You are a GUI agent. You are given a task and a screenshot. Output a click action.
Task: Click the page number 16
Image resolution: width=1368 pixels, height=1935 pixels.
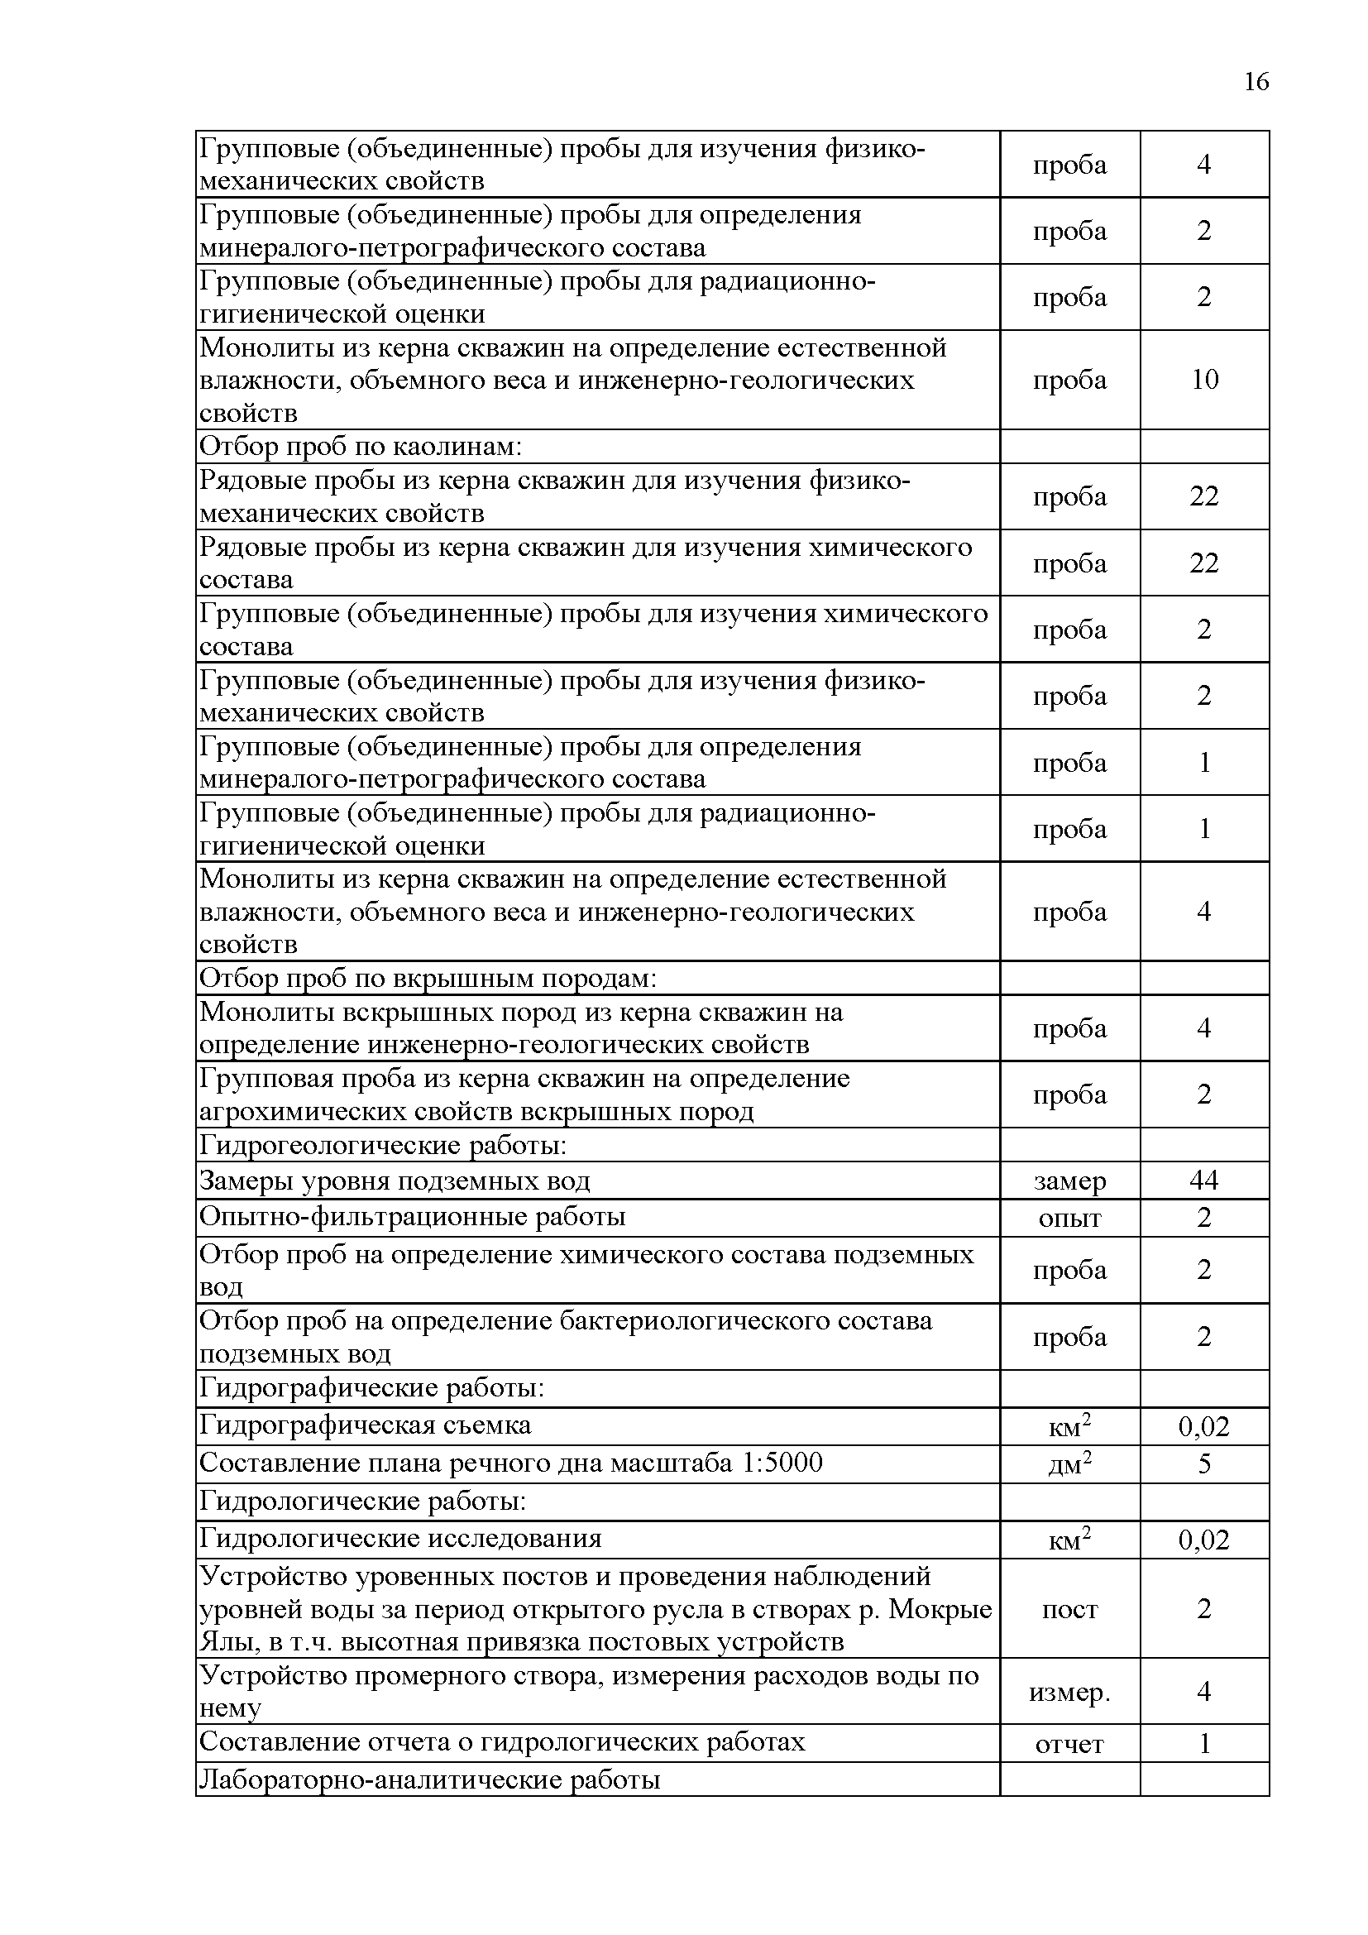[x=1256, y=82]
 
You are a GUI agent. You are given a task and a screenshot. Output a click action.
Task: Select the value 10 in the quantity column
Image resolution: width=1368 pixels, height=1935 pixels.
[x=1203, y=379]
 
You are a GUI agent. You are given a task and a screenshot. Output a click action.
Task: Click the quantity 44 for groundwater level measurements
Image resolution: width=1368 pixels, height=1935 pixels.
[x=1203, y=1180]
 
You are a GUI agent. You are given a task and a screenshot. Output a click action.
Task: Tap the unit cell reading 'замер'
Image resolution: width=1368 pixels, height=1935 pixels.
[x=1069, y=1181]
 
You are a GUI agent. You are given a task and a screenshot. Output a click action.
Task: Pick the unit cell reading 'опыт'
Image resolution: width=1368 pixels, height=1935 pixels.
[x=1069, y=1219]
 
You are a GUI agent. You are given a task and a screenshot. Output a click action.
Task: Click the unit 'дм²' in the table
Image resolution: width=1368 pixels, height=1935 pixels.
[x=1069, y=1465]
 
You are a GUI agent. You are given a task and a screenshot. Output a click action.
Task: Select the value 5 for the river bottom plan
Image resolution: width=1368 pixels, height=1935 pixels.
[x=1203, y=1464]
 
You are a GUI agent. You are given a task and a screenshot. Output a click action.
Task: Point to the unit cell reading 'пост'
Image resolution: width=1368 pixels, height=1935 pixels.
[x=1069, y=1609]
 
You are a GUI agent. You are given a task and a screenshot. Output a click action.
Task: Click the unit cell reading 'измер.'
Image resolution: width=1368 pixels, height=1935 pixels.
[x=1069, y=1692]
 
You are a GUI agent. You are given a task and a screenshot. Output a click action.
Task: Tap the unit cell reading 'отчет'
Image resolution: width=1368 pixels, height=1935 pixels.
[x=1069, y=1744]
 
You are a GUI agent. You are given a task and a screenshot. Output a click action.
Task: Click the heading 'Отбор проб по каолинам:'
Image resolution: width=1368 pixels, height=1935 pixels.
[x=361, y=447]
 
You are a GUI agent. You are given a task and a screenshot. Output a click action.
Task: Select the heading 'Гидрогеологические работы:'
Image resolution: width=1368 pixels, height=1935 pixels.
[x=382, y=1145]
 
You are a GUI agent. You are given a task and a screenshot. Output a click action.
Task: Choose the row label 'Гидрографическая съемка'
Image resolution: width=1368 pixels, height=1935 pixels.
[x=365, y=1425]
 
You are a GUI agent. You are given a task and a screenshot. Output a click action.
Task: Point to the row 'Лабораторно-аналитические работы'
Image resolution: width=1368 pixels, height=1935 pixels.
[x=429, y=1779]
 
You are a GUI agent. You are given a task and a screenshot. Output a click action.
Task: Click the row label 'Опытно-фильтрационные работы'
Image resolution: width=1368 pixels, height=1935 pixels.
[x=412, y=1217]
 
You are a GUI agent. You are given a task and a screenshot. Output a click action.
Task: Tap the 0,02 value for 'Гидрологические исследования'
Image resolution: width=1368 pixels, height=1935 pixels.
[x=1203, y=1540]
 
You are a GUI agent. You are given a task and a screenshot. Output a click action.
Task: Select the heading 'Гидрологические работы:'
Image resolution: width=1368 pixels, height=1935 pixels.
[x=363, y=1501]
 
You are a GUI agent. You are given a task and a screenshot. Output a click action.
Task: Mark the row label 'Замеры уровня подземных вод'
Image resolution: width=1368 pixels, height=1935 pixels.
[x=395, y=1181]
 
